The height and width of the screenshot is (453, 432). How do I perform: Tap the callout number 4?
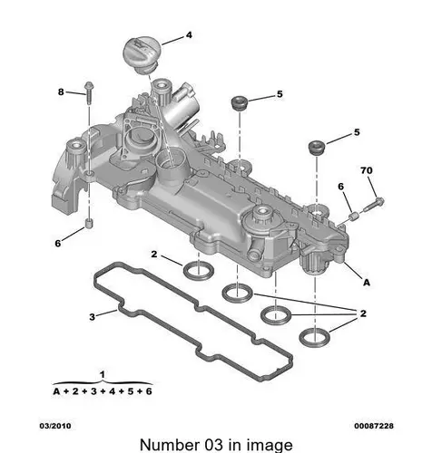[189, 35]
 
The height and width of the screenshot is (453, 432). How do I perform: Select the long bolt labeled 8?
[89, 93]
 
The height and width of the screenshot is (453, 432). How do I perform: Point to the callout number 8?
[61, 92]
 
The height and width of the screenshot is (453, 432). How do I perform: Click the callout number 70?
[367, 170]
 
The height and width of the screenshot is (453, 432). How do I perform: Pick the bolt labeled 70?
[373, 204]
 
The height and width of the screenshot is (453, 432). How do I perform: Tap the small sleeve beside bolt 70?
[354, 216]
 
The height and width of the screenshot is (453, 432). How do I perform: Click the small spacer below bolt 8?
[89, 224]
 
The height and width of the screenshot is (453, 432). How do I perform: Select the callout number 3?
[92, 317]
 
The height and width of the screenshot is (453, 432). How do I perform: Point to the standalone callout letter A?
[367, 283]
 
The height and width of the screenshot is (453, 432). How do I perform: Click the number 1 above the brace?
[103, 375]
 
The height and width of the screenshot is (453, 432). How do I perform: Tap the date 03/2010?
[55, 426]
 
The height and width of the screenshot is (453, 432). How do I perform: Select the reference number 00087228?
[374, 426]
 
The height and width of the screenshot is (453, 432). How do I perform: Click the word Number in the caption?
[168, 445]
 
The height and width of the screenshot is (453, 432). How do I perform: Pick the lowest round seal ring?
[315, 338]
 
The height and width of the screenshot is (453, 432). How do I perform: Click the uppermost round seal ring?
[199, 271]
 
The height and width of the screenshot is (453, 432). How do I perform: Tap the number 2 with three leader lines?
[363, 313]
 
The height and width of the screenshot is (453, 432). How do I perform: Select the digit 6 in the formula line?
[149, 391]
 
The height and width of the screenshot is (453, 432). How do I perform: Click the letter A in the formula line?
[56, 391]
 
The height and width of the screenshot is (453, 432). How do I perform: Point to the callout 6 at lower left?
[58, 243]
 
